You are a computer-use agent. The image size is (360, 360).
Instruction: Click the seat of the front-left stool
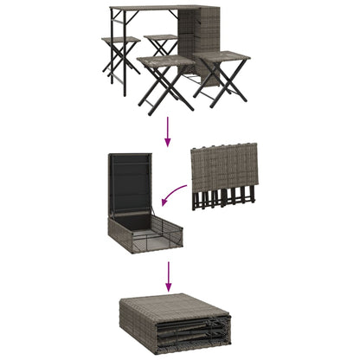164,61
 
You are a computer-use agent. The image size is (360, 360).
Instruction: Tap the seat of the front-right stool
222,57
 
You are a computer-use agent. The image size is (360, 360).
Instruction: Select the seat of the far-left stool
120,42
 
